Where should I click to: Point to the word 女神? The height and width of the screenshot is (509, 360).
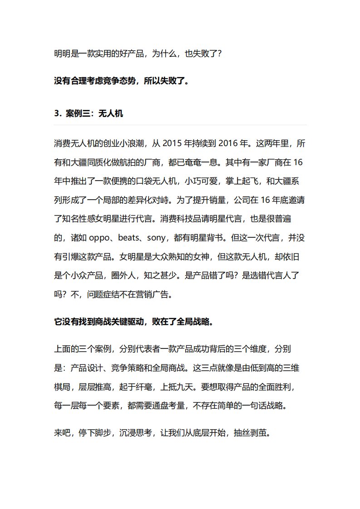214,256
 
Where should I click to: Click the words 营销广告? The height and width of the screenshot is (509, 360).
155,294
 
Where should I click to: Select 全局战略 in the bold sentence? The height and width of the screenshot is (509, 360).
195,322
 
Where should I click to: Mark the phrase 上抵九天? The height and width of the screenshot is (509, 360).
175,387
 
